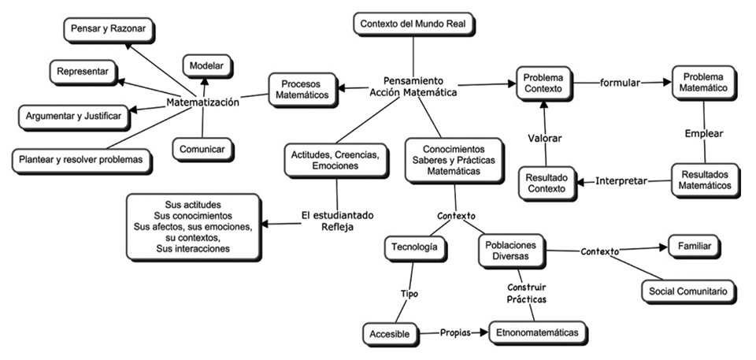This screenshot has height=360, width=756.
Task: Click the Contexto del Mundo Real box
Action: [413, 24]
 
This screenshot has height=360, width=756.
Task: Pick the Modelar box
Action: [207, 65]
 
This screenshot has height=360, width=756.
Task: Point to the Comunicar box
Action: [202, 148]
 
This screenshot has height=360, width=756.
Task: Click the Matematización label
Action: [203, 102]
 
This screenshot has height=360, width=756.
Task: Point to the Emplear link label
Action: [702, 134]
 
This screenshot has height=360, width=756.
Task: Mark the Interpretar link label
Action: [622, 181]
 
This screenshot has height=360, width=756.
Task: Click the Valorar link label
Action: [544, 139]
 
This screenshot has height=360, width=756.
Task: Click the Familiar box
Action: [693, 247]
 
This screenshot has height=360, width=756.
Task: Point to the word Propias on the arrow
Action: [455, 333]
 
